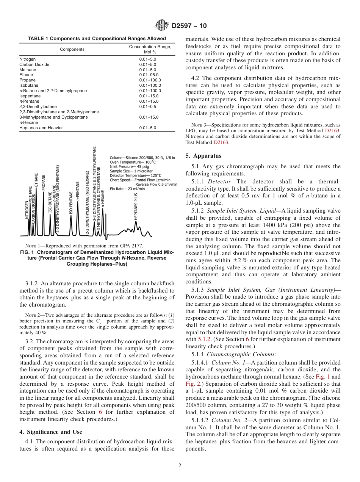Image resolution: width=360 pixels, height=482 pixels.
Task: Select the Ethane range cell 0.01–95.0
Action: click(149, 75)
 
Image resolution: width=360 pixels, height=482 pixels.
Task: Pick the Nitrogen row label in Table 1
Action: click(27, 59)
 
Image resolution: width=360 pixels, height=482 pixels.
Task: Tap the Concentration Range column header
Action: click(150, 49)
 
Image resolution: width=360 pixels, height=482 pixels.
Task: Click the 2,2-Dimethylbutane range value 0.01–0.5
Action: click(147, 107)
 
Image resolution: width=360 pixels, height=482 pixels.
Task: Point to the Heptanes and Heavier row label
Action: click(41, 128)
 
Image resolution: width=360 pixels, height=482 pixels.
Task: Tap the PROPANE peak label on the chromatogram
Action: click(44, 182)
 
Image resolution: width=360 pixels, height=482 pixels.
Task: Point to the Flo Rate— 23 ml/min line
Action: click(127, 188)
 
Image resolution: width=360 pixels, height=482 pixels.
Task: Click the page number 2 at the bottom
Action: click(180, 466)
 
